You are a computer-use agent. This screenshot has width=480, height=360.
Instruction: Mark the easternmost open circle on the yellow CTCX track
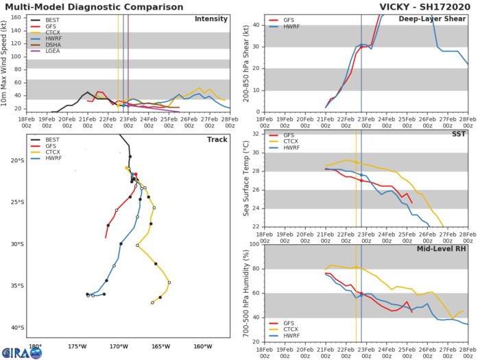click(169, 282)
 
